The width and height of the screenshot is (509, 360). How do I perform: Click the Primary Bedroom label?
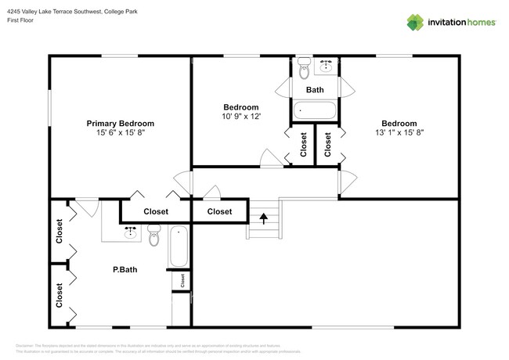coord(120,124)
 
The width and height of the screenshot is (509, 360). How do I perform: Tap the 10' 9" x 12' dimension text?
coord(241,117)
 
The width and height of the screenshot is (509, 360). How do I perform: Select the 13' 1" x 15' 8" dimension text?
coord(399,133)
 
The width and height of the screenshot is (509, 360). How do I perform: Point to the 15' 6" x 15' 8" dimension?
coord(120,133)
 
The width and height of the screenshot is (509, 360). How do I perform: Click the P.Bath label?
coord(125,270)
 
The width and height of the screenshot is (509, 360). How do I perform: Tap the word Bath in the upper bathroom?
coord(315,90)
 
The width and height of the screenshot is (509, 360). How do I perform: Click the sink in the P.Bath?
coord(132,232)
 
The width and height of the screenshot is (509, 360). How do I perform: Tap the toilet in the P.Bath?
coord(153,233)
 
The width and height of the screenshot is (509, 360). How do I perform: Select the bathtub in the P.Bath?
coord(179,247)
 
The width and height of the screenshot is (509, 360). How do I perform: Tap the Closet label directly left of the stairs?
coord(219,211)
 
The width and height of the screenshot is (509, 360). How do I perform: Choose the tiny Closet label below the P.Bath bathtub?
coord(182,280)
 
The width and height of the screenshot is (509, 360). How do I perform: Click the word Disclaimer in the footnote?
coord(29,345)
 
